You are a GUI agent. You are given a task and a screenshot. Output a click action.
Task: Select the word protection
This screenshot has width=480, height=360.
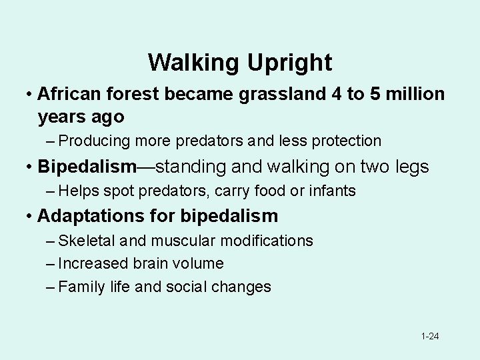coord(344,141)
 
